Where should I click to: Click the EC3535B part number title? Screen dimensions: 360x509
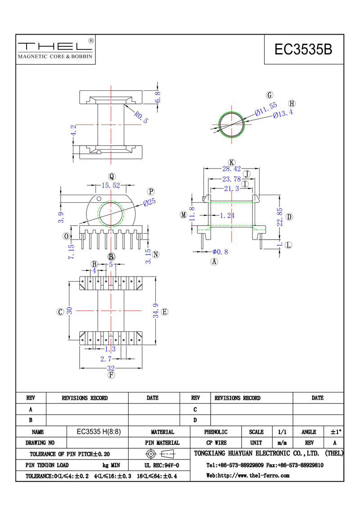303,49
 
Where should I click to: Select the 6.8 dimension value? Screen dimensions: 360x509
157,97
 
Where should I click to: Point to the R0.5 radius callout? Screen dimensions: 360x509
141,117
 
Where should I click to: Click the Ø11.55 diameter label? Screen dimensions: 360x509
266,109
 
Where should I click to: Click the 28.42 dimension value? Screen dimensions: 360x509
231,169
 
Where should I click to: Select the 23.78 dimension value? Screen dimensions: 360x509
231,179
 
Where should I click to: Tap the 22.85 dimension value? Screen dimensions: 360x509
280,217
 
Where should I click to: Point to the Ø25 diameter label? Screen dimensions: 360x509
149,202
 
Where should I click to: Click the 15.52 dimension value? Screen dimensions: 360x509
111,185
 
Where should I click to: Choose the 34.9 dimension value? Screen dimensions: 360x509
156,311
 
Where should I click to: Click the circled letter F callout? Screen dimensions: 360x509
111,375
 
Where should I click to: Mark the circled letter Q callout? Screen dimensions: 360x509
112,177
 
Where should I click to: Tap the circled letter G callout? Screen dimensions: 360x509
270,95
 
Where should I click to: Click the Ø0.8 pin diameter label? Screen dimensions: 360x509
220,252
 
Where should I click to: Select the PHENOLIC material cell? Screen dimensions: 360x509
216,432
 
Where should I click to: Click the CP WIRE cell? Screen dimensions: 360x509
216,442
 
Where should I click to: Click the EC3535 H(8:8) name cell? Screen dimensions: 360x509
99,432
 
